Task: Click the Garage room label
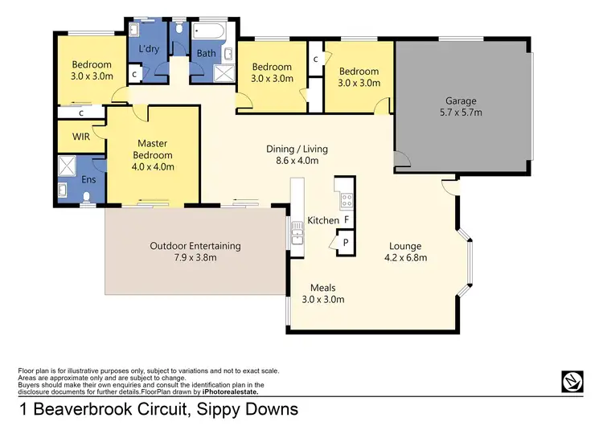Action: tap(461, 101)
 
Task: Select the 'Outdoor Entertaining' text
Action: tap(195, 246)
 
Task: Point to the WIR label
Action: tap(81, 137)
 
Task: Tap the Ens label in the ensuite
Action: tap(88, 179)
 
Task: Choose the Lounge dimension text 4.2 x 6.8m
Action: tap(405, 258)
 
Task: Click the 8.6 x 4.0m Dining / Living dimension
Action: tap(297, 161)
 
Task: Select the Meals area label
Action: tap(322, 288)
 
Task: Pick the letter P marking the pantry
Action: tap(346, 242)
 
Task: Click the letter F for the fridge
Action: tap(346, 219)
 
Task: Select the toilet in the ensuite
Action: tap(64, 190)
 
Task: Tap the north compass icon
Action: tap(571, 380)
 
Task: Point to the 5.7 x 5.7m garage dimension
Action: tap(461, 113)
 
